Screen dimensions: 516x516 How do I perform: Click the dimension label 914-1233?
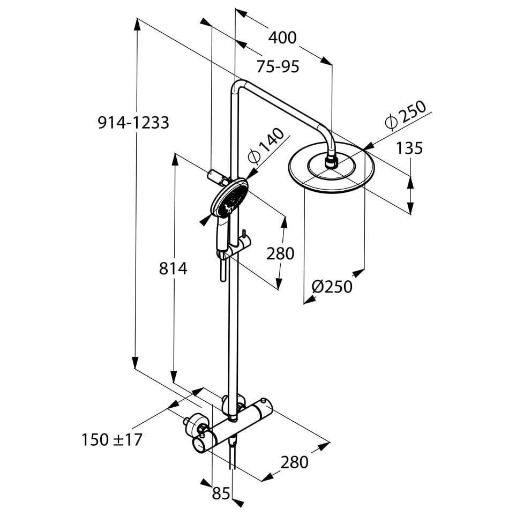(x=133, y=123)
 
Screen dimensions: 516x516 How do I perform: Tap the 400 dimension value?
(x=282, y=38)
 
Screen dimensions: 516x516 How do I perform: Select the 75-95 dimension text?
(x=278, y=67)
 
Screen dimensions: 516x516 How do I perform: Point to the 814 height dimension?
(x=173, y=268)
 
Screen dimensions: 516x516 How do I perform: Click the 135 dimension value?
(x=409, y=148)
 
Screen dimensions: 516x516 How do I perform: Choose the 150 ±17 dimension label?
(x=112, y=440)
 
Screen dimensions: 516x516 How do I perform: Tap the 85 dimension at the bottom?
(x=221, y=493)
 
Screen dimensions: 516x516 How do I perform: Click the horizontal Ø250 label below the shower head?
(x=332, y=287)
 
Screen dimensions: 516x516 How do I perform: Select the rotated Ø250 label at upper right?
(x=406, y=114)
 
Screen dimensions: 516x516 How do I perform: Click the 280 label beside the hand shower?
(x=280, y=253)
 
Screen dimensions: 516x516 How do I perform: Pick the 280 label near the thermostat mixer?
(x=294, y=461)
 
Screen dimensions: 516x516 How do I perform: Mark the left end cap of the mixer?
(x=200, y=443)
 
